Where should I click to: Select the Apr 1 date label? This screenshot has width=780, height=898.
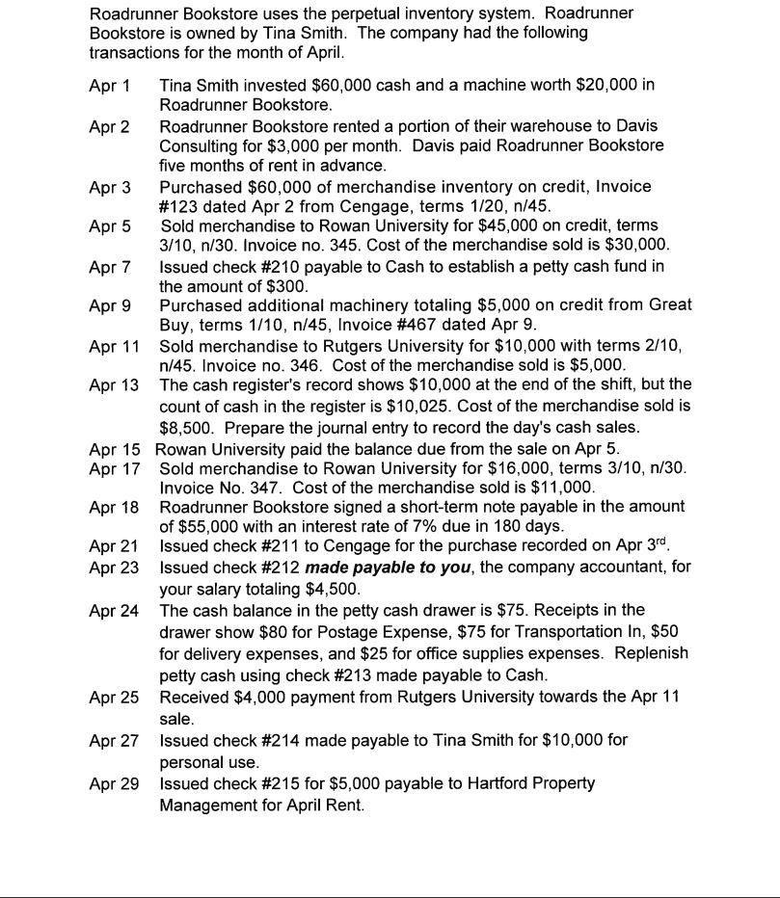109,85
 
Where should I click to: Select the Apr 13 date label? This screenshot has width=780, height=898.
114,385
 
